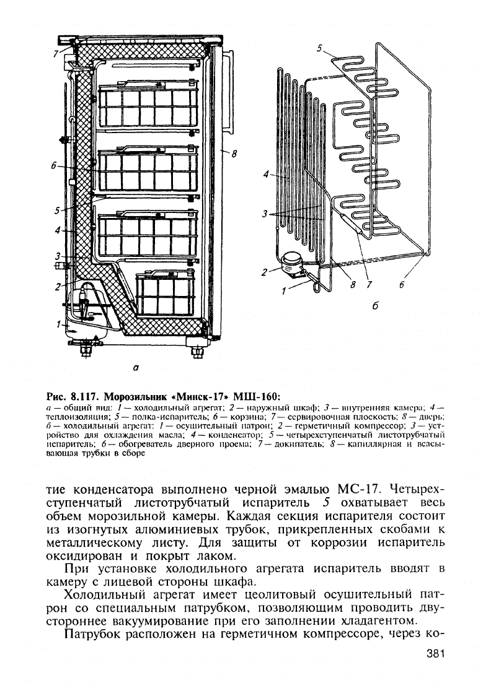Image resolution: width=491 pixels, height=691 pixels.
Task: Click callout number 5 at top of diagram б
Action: tap(319, 48)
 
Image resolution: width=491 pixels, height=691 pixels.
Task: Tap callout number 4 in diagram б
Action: tap(266, 175)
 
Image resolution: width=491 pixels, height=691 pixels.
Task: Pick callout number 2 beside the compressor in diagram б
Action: tap(265, 271)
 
